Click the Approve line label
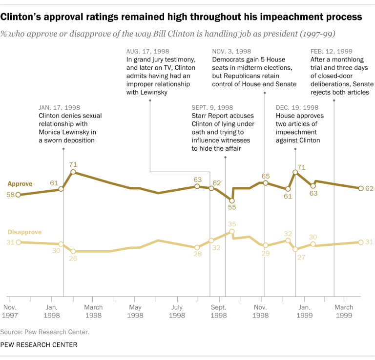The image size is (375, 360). click(20, 184)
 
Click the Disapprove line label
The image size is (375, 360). click(23, 232)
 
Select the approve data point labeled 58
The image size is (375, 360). click(18, 195)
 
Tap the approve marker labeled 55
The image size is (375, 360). click(232, 200)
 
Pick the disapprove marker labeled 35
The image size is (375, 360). click(232, 231)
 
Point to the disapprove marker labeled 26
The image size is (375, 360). click(73, 251)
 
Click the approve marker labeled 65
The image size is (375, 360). click(265, 183)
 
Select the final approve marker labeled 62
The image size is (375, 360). click(360, 188)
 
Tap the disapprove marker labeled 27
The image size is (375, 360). click(295, 249)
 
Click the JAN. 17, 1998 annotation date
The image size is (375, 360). click(59, 107)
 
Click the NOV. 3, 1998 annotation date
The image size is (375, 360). click(232, 51)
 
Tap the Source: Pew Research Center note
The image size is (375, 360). click(45, 332)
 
